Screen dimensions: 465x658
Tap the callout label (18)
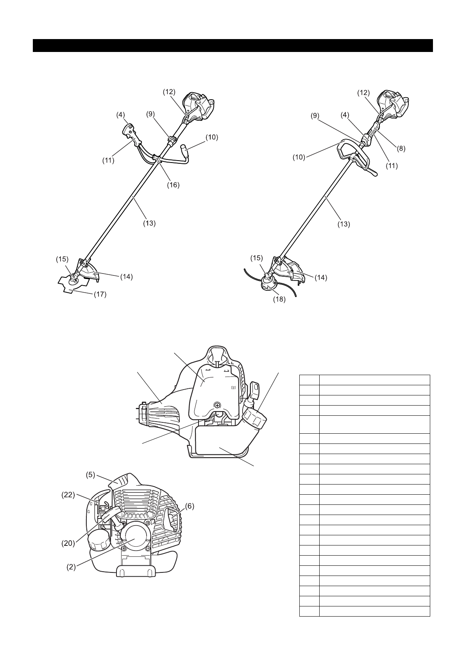[280, 300]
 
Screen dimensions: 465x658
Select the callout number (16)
[173, 185]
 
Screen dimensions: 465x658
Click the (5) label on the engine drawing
[91, 476]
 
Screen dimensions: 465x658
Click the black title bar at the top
[232, 45]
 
